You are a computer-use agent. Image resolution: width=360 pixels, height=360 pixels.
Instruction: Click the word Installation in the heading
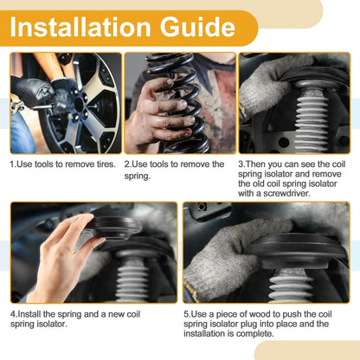(80, 27)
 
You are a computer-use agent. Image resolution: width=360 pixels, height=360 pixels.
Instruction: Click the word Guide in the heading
(197, 27)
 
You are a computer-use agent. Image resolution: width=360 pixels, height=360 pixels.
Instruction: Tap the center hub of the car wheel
(80, 105)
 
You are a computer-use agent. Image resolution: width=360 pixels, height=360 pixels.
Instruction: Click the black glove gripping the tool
(32, 92)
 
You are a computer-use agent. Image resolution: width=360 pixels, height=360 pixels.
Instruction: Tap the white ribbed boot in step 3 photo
(312, 121)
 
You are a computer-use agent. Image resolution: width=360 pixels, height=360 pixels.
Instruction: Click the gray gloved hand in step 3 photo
(270, 84)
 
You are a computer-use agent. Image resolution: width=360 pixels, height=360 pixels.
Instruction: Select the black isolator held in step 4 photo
(115, 228)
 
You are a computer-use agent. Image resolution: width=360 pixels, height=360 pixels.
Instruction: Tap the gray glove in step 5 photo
(228, 260)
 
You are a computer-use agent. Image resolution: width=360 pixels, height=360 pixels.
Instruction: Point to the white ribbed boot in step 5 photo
(292, 286)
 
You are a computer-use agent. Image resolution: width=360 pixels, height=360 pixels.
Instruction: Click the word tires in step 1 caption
(106, 164)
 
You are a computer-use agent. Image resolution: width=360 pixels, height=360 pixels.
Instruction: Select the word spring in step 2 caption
(138, 177)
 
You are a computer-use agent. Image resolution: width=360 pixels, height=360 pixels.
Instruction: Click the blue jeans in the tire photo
(22, 132)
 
